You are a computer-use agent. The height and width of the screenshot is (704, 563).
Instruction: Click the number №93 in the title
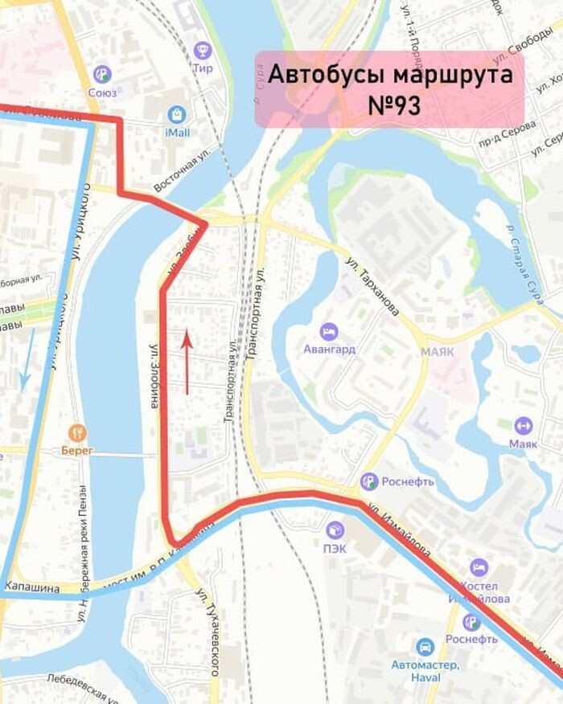(x=390, y=105)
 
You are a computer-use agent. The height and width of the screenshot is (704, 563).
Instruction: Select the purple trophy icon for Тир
(x=203, y=50)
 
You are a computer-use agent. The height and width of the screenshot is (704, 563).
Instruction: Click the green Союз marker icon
(x=102, y=74)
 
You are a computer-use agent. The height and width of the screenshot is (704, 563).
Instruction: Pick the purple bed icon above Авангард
(x=328, y=331)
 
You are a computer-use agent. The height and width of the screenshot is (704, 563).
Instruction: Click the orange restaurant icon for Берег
(x=76, y=432)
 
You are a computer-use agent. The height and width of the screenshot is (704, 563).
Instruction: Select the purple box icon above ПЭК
(x=335, y=530)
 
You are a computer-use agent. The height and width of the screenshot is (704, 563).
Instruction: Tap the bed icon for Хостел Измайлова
(x=479, y=567)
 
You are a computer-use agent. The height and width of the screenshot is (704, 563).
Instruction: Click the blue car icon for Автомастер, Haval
(x=424, y=647)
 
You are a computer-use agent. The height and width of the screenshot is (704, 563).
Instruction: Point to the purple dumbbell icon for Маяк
(x=523, y=424)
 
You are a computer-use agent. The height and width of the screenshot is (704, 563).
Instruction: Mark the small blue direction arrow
(x=27, y=357)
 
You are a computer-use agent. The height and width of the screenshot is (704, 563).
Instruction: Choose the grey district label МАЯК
(x=437, y=352)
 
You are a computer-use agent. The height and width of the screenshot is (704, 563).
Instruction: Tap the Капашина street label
(x=32, y=588)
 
